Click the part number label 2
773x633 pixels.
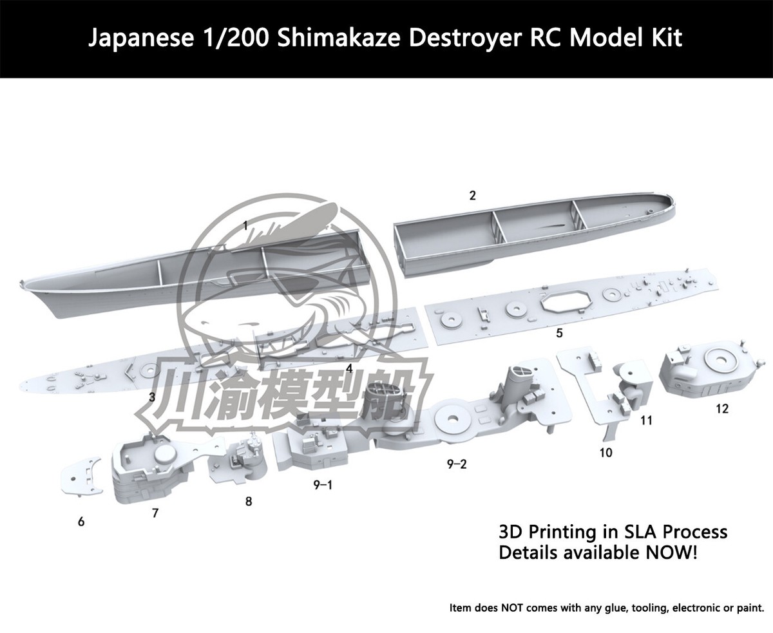click(x=473, y=196)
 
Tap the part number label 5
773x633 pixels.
click(x=559, y=333)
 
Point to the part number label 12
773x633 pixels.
click(x=721, y=408)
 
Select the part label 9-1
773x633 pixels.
click(x=323, y=485)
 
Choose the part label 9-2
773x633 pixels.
click(x=457, y=464)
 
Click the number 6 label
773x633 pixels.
click(x=81, y=522)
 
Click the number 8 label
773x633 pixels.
click(x=249, y=501)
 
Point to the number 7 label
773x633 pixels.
click(x=155, y=513)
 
